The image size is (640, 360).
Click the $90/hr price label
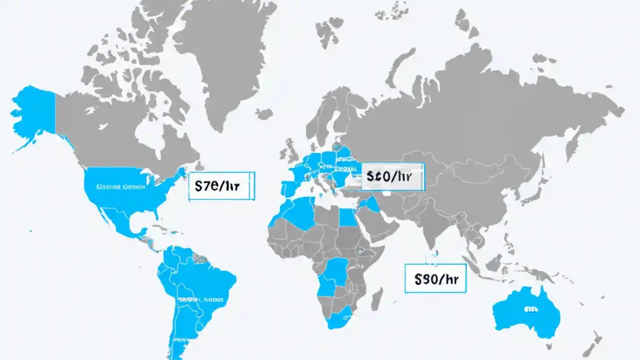[434, 279]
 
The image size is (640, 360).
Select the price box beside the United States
[221, 186]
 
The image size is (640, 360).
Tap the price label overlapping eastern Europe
[392, 176]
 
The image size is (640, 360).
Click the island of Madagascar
[377, 299]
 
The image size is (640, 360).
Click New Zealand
[595, 345]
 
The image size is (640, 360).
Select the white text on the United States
[119, 187]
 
